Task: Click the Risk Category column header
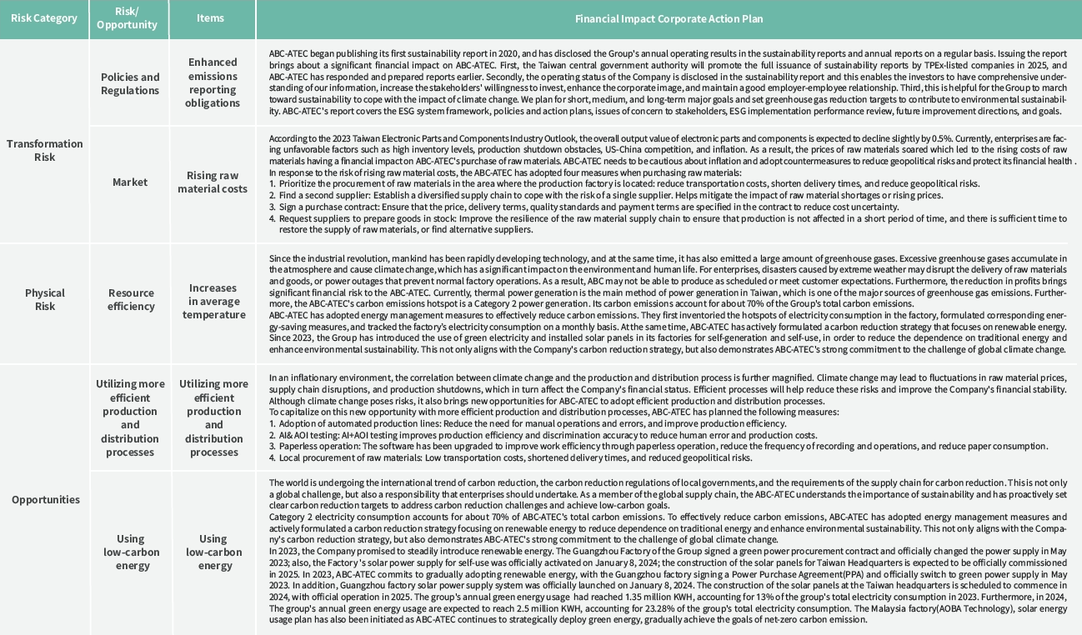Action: coord(44,18)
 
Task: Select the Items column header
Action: coord(210,18)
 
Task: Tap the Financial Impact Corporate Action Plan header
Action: coord(669,18)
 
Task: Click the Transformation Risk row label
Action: coord(44,150)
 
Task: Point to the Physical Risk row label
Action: coord(44,299)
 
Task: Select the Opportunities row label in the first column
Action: coord(46,499)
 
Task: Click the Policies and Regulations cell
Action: coord(130,83)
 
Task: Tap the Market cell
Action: coord(130,182)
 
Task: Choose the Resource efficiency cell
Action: coord(131,299)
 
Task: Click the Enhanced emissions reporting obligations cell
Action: coord(213,82)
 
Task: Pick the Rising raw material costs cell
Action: coord(217,182)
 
